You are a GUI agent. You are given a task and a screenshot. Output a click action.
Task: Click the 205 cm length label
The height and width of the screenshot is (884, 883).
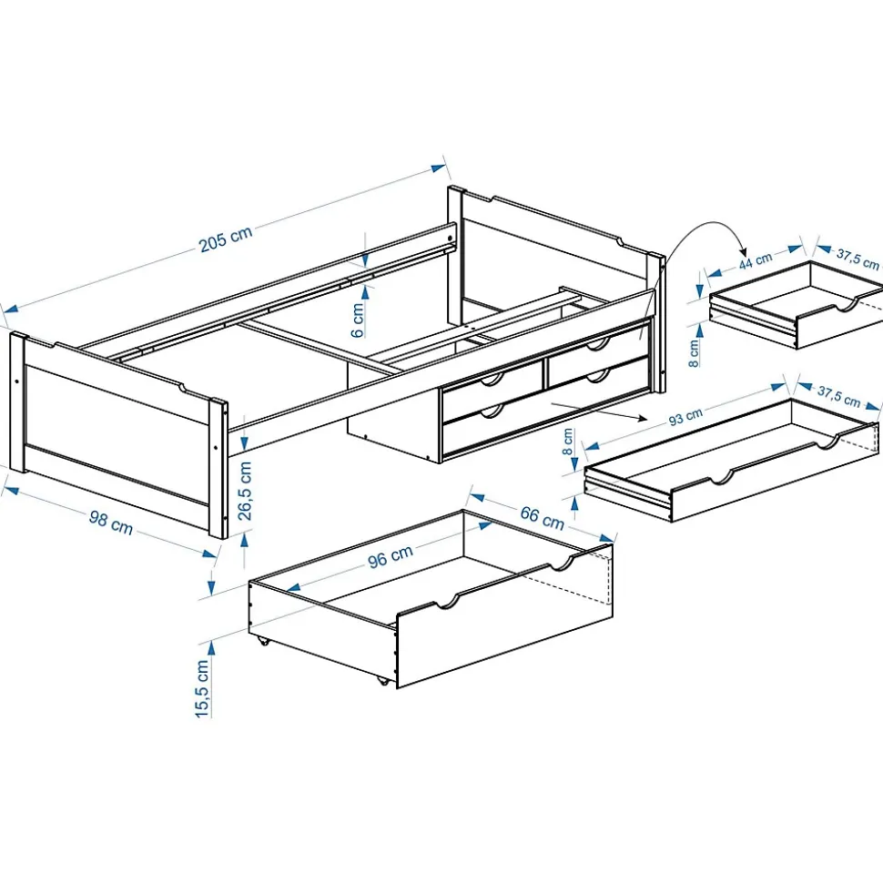[x=226, y=239]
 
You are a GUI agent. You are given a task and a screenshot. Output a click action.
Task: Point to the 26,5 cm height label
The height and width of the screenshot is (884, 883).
[x=244, y=491]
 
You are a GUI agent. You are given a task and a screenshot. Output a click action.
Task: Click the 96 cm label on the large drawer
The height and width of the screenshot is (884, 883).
[x=390, y=556]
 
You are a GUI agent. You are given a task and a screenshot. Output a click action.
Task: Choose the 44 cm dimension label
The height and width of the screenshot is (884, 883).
[x=755, y=260]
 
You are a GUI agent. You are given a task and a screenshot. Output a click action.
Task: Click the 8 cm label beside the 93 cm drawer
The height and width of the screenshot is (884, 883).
[x=568, y=442]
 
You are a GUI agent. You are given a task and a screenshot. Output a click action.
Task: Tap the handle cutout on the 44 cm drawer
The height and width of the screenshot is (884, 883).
[x=850, y=303]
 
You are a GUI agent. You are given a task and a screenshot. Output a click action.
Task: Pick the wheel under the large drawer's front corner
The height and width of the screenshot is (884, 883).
[x=382, y=680]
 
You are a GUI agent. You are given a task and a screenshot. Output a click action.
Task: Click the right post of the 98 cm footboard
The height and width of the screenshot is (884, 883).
[x=217, y=469]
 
